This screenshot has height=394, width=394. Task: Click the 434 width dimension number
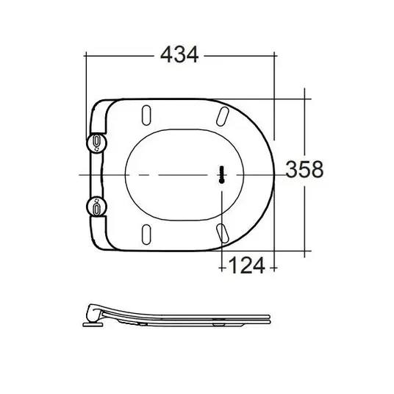tap(179, 54)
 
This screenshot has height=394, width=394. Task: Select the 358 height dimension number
tap(304, 169)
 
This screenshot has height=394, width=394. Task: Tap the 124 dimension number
tap(246, 265)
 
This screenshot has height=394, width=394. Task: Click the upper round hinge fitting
tap(96, 143)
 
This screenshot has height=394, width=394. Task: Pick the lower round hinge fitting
tap(96, 207)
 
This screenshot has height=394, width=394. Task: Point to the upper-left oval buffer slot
tap(146, 115)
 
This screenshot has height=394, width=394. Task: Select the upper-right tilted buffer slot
tap(223, 116)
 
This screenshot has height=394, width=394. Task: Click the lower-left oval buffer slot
tap(146, 234)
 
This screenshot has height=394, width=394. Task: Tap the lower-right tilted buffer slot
tap(223, 233)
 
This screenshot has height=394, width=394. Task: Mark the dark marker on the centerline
tap(222, 175)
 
